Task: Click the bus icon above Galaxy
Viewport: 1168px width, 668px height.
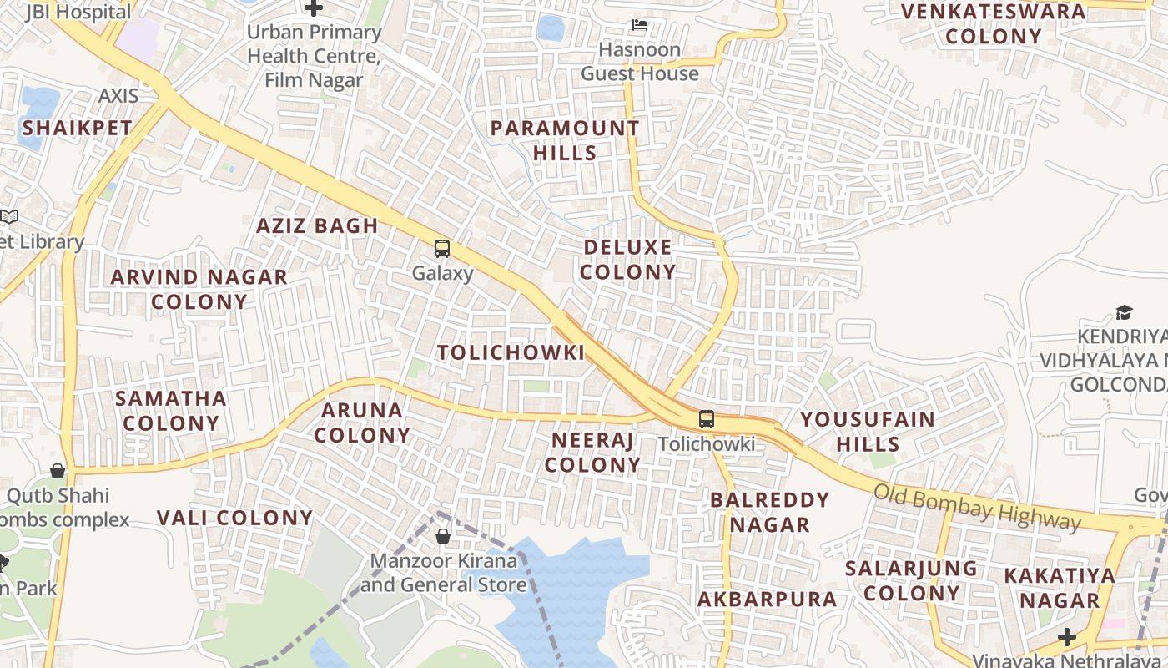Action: pyautogui.click(x=442, y=249)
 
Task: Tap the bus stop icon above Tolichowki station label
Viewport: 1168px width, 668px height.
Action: pyautogui.click(x=707, y=419)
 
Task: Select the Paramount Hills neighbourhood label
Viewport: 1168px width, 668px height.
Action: pyautogui.click(x=565, y=140)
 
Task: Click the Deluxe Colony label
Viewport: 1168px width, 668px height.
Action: pyautogui.click(x=628, y=260)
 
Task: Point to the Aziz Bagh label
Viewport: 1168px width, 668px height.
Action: pyautogui.click(x=317, y=225)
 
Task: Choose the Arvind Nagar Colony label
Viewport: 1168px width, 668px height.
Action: pyautogui.click(x=199, y=289)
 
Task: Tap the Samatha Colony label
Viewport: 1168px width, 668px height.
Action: pyautogui.click(x=171, y=411)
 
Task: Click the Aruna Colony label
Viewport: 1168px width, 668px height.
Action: pyautogui.click(x=362, y=423)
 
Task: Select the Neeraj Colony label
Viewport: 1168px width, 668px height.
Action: pyautogui.click(x=592, y=452)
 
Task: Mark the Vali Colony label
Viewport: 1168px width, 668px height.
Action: pyautogui.click(x=234, y=518)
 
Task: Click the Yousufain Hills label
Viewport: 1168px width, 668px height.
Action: pyautogui.click(x=868, y=431)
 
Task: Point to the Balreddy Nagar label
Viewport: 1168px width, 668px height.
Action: pyautogui.click(x=769, y=512)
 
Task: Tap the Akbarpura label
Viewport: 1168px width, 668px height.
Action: pyautogui.click(x=767, y=599)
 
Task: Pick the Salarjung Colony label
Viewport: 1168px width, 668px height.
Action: pyautogui.click(x=911, y=580)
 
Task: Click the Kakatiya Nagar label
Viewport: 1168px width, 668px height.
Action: pyautogui.click(x=1060, y=588)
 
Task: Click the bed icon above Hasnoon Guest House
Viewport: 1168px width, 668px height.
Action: pyautogui.click(x=640, y=25)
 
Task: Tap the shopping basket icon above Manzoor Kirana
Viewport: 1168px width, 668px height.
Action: pyautogui.click(x=443, y=536)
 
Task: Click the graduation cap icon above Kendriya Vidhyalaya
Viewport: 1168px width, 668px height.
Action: pyautogui.click(x=1124, y=313)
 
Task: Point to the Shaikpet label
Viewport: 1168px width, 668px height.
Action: pyautogui.click(x=77, y=128)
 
